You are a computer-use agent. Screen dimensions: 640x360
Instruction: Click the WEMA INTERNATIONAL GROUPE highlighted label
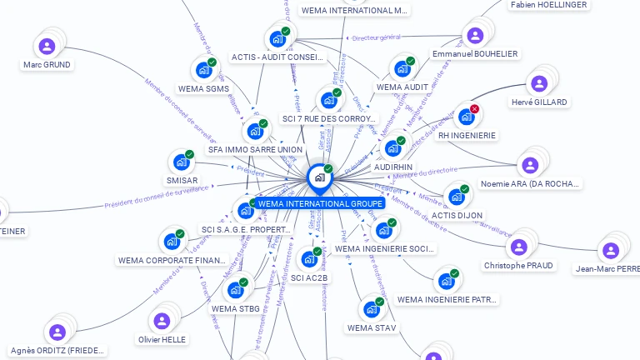(x=320, y=203)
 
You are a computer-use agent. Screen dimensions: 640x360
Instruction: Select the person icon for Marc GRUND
(x=47, y=47)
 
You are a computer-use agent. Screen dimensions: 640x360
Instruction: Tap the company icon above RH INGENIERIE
(x=466, y=117)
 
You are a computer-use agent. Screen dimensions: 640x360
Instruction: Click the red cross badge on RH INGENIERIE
(x=474, y=109)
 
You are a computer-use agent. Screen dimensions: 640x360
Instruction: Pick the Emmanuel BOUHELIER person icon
(x=475, y=36)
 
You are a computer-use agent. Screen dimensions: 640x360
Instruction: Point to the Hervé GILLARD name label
(x=539, y=102)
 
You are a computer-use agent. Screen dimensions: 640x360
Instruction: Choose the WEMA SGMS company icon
(x=203, y=71)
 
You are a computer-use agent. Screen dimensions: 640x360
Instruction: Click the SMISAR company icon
(x=181, y=162)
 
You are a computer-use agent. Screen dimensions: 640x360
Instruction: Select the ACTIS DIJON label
(x=457, y=215)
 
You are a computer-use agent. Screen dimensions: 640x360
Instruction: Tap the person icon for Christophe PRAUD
(x=518, y=247)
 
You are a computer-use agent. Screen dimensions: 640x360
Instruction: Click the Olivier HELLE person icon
(x=162, y=321)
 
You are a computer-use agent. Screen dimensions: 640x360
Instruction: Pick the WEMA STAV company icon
(x=372, y=309)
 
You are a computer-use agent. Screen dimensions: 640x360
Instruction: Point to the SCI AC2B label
(x=310, y=277)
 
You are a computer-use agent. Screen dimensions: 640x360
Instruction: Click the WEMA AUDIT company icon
(x=402, y=68)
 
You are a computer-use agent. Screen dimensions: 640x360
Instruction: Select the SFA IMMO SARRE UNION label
(x=255, y=150)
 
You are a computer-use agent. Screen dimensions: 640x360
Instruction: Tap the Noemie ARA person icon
(x=529, y=165)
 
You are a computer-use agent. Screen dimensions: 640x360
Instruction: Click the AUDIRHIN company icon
(x=392, y=148)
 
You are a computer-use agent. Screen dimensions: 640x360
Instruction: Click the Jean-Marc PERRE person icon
(x=611, y=250)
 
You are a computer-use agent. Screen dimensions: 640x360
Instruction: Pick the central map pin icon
(x=319, y=177)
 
